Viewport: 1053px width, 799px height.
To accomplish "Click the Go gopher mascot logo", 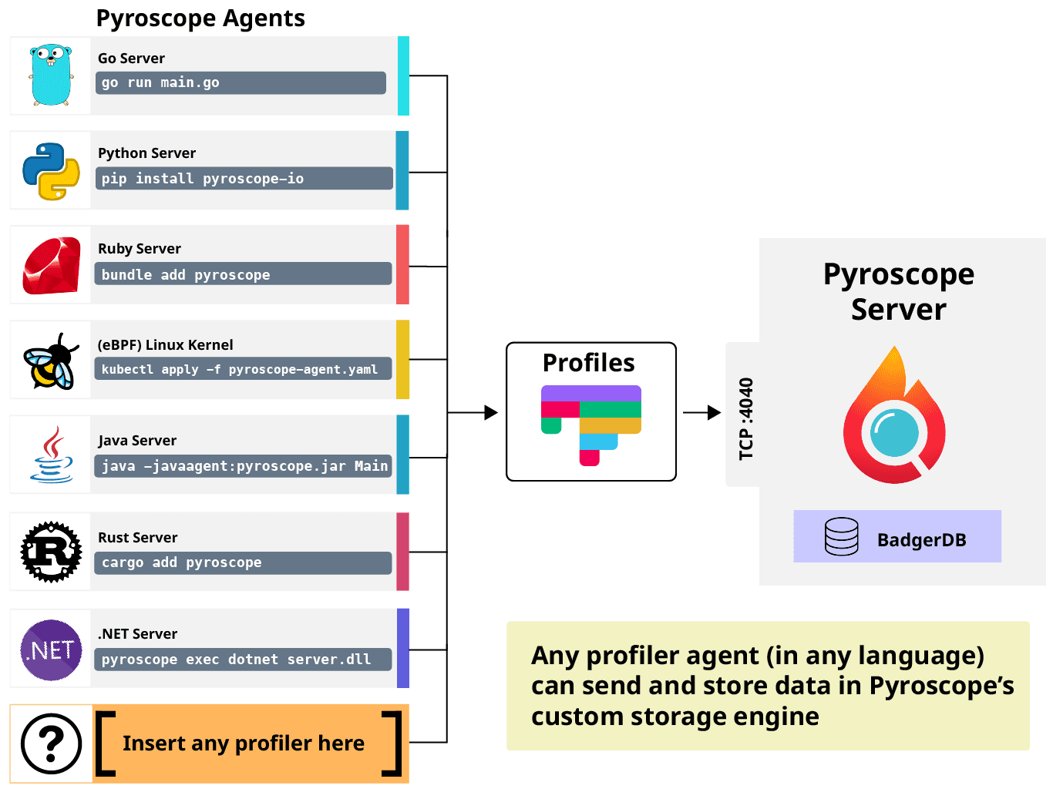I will coord(51,76).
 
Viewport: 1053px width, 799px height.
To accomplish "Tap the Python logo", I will coord(51,171).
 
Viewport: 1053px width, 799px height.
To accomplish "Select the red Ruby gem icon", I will coord(51,266).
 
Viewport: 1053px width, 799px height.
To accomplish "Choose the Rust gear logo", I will coord(51,552).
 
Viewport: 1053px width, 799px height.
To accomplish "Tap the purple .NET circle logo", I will coord(51,650).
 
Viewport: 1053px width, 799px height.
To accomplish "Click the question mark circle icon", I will coord(51,744).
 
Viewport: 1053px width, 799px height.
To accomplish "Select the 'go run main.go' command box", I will coord(241,82).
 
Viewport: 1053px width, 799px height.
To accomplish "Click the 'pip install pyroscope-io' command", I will coord(243,179).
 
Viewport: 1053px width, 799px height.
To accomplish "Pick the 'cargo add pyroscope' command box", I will coord(243,562).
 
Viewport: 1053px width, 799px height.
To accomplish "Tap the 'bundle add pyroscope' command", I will coord(243,274).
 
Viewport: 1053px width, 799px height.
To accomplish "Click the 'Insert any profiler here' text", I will coord(244,744).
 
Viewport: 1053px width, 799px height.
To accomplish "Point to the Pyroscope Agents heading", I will coord(200,18).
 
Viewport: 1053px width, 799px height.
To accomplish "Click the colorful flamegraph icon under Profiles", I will coord(591,424).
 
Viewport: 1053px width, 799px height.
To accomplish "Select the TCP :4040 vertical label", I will coord(745,418).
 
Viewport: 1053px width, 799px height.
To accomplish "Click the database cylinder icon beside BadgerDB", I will coord(841,536).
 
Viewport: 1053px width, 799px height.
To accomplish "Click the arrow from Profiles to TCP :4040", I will coord(703,412).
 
